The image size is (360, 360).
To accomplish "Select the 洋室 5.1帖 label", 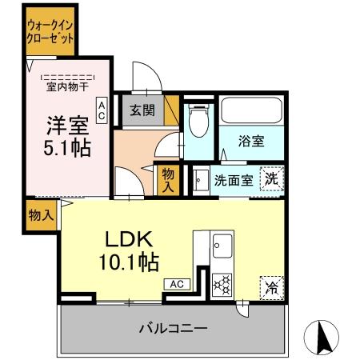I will [x=66, y=136].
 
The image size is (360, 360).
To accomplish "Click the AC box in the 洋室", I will [x=102, y=110].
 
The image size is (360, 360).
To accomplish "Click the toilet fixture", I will [x=199, y=122].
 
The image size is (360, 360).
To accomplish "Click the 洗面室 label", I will [x=234, y=179].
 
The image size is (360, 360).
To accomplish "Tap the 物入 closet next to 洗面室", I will [x=167, y=178].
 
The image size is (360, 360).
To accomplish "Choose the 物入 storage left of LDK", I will [x=40, y=214].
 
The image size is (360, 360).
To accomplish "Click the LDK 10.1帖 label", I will [x=129, y=249].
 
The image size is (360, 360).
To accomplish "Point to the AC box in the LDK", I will [x=178, y=283].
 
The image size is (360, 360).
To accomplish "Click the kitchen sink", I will [x=220, y=246].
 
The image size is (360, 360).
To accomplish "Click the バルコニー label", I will [x=173, y=328].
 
